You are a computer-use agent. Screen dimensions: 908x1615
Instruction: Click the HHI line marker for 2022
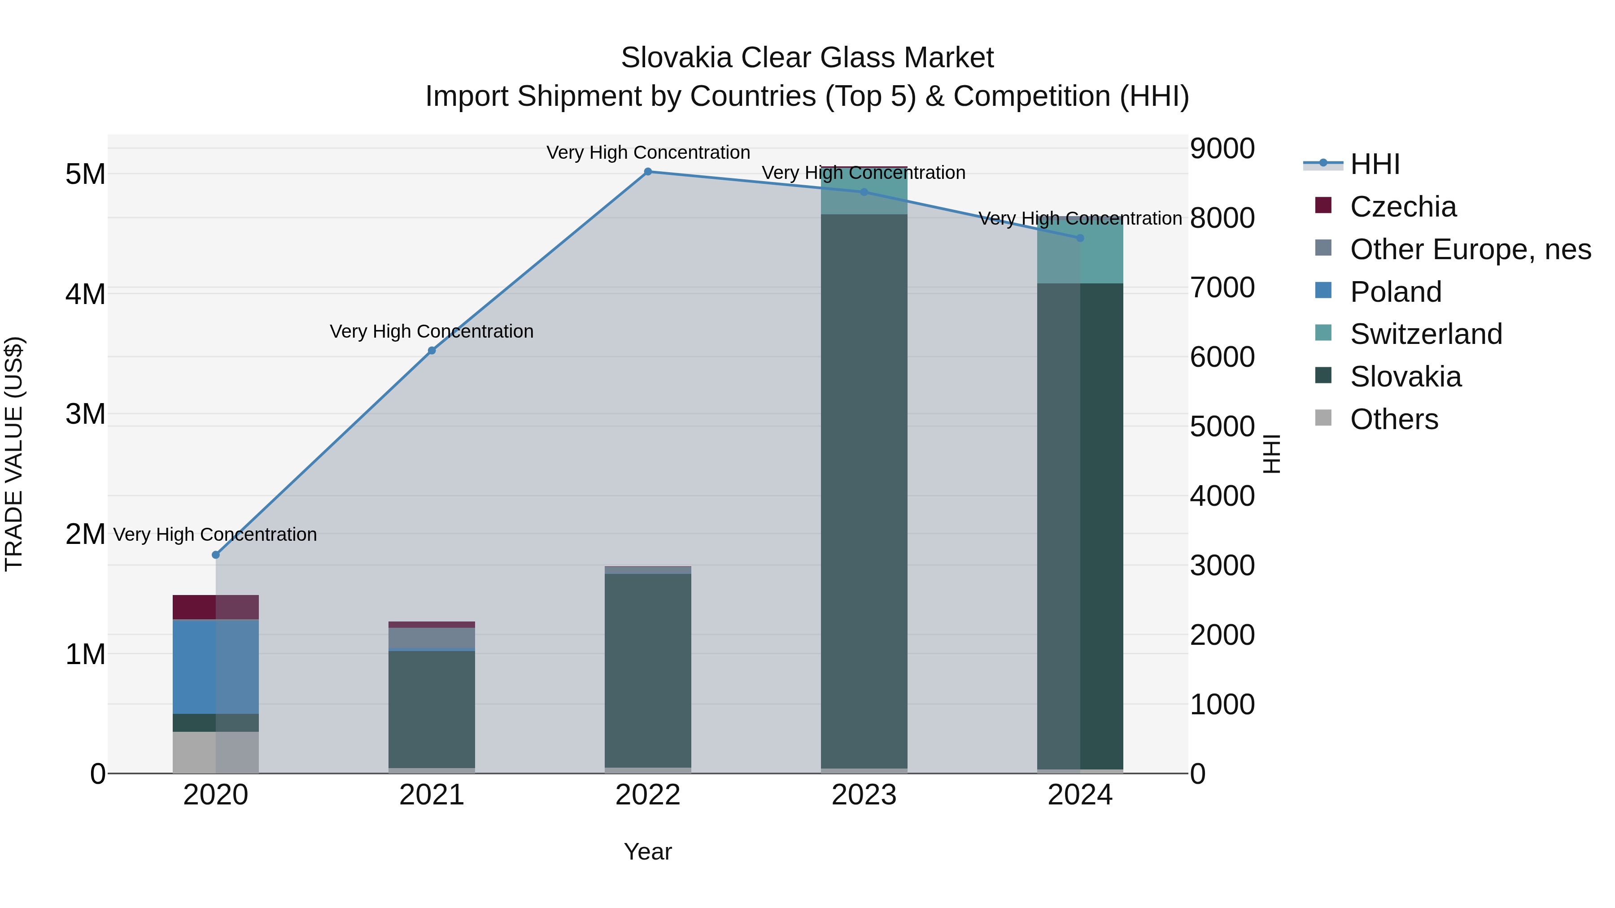(648, 171)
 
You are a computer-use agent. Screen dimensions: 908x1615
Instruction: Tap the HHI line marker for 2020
(216, 555)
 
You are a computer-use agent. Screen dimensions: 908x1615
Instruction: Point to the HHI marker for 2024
(1080, 238)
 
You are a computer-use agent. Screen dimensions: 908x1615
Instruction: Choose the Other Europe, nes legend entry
(1470, 249)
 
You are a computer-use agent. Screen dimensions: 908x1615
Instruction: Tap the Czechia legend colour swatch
(1323, 205)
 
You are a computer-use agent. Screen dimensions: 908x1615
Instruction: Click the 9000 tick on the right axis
(1222, 149)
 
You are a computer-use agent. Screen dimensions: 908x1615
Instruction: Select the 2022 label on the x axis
(648, 795)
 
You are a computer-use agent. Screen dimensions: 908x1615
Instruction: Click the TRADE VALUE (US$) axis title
(14, 454)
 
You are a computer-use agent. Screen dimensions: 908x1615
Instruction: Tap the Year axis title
(648, 852)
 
